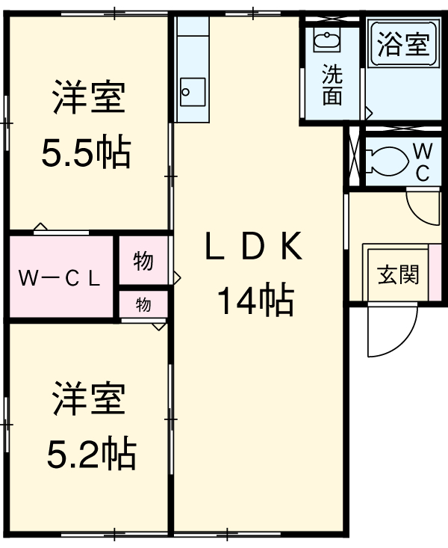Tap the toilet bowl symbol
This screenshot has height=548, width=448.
(388, 159)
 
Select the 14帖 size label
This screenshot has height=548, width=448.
(255, 301)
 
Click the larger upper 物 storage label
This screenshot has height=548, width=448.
(143, 261)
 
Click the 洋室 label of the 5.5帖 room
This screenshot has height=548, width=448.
(88, 99)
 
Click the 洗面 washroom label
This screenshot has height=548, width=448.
(332, 85)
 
